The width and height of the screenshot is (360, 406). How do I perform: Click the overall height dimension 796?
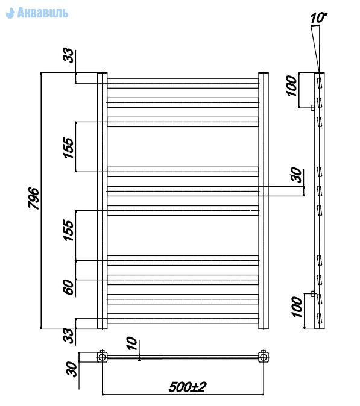[x=34, y=198]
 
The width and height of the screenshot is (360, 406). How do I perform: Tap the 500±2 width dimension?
[x=188, y=387]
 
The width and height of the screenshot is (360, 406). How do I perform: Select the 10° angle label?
[x=318, y=18]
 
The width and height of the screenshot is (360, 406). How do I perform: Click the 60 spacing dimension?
[x=68, y=287]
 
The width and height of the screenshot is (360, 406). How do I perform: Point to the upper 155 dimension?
[x=68, y=148]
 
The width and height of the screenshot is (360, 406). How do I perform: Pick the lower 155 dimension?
[x=68, y=230]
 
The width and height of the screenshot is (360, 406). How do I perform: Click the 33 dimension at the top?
[x=68, y=55]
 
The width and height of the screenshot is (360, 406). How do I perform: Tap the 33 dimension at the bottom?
[x=68, y=336]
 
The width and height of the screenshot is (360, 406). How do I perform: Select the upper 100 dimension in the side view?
[x=292, y=86]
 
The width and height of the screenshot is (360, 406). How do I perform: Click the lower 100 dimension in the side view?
[x=297, y=307]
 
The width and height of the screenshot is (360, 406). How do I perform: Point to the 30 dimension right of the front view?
[x=296, y=175]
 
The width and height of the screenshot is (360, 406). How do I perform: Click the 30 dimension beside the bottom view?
[x=72, y=369]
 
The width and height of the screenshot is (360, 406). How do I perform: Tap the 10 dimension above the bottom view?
[x=132, y=343]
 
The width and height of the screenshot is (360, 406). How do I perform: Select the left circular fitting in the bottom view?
[x=102, y=357]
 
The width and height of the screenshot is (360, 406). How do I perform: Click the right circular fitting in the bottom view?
[x=264, y=357]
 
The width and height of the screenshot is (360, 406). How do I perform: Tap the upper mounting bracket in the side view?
[x=313, y=107]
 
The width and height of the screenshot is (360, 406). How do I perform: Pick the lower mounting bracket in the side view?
[x=313, y=294]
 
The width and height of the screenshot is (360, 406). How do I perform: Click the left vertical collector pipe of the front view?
[x=102, y=201]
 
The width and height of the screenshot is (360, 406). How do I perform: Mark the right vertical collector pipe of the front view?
[x=264, y=201]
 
